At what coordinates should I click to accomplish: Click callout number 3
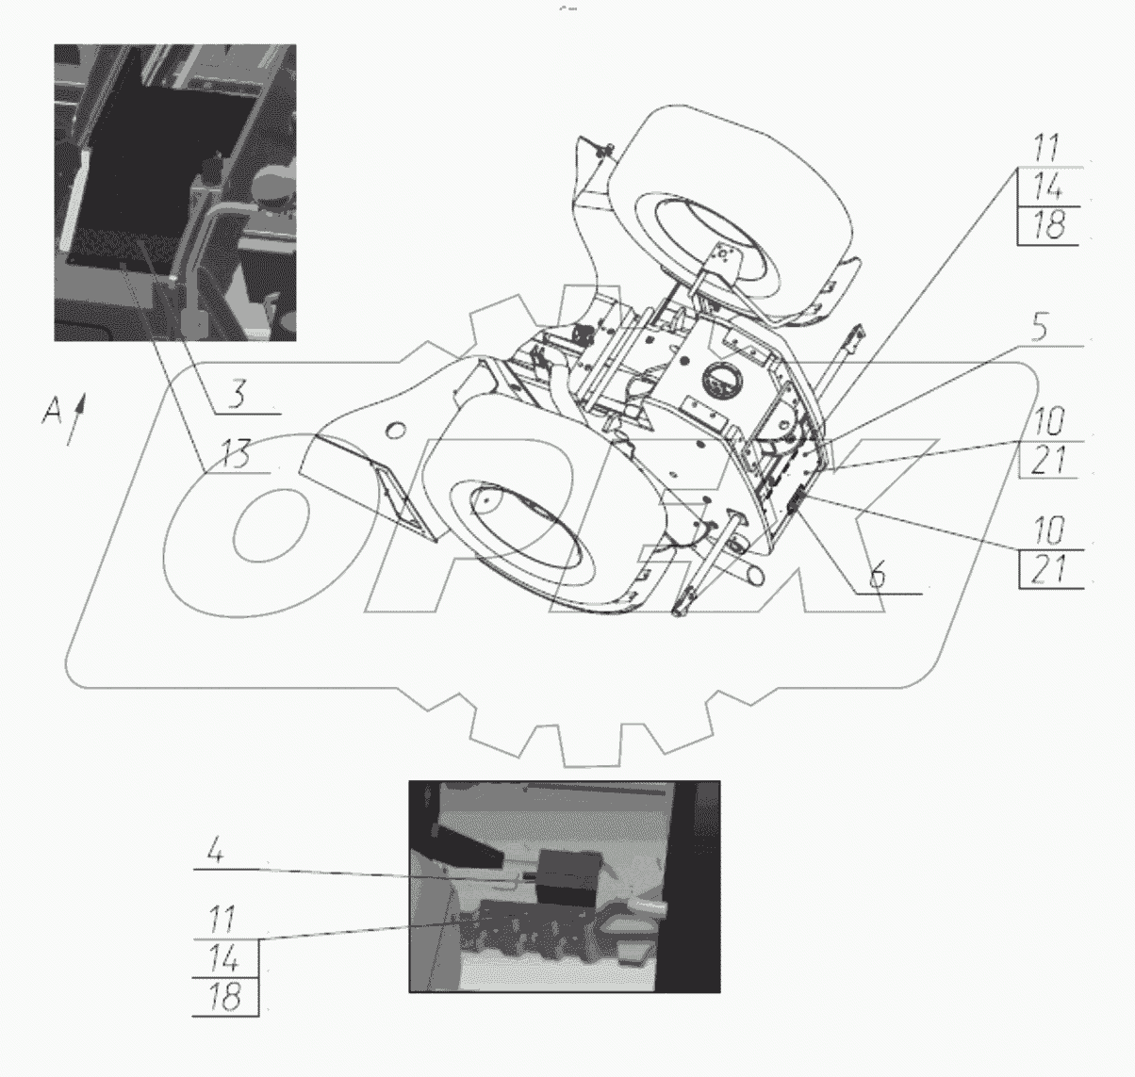[237, 395]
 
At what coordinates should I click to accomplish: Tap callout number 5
[1039, 328]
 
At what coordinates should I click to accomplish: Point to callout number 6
[877, 575]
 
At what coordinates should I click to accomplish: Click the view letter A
[52, 412]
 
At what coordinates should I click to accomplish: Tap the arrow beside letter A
[76, 419]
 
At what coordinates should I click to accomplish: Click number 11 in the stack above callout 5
[1046, 149]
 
